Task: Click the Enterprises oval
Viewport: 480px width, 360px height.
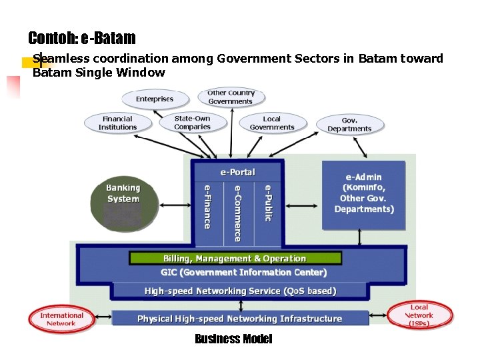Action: pos(155,99)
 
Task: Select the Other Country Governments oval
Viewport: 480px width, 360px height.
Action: pos(231,97)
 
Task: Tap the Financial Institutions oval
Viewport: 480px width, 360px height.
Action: pos(117,123)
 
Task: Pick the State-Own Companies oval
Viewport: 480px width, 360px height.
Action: pos(192,123)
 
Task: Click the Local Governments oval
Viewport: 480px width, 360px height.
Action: pos(272,123)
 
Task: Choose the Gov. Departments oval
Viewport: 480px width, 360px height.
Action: pos(349,125)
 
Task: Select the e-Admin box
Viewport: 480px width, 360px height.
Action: pos(364,193)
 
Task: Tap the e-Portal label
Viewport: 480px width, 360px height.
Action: pos(237,172)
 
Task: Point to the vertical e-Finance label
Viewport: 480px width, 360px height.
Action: pos(207,207)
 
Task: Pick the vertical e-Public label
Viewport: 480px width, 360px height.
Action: pos(267,203)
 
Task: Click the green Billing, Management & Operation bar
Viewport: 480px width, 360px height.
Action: pos(235,258)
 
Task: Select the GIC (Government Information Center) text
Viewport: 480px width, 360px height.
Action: pos(244,272)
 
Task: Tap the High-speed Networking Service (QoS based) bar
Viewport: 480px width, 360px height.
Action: pos(240,291)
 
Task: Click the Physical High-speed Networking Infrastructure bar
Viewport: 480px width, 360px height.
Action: pos(240,319)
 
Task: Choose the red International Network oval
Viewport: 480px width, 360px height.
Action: pos(61,319)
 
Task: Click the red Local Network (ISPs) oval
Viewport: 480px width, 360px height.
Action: pos(419,315)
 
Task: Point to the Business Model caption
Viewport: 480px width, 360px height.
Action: pos(233,339)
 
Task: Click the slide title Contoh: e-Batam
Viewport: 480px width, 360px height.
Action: pos(81,38)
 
